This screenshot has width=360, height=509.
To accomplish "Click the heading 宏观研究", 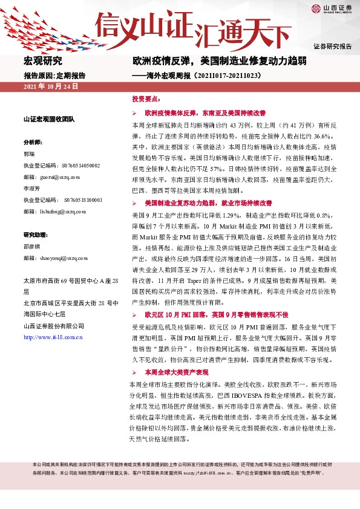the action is point(42,60).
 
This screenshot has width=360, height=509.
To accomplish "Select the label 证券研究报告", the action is point(332,47).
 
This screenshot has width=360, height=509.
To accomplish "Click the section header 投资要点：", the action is point(146,98).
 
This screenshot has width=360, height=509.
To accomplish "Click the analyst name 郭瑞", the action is point(29,154).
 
